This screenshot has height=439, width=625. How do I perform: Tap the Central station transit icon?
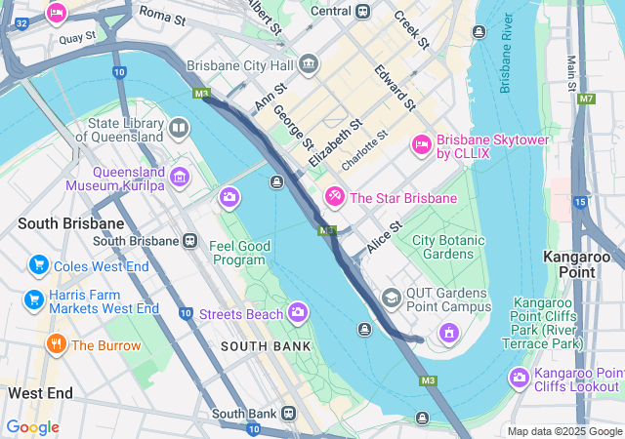[363, 12]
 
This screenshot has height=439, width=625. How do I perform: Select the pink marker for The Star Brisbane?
[335, 197]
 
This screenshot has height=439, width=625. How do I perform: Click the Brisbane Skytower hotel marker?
[422, 144]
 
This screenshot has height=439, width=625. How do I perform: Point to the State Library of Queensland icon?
[179, 128]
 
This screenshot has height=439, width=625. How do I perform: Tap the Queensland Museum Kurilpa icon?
[179, 177]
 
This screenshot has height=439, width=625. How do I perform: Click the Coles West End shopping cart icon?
[39, 265]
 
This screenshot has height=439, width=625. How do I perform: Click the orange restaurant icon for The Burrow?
[56, 344]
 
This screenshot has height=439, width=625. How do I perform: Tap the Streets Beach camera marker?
[298, 312]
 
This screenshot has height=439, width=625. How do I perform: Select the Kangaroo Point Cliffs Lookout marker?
[518, 378]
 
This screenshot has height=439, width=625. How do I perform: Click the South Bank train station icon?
[289, 414]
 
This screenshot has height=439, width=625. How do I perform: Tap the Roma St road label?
[161, 13]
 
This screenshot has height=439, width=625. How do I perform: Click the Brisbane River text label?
[506, 55]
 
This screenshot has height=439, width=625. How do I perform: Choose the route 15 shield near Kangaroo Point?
[579, 202]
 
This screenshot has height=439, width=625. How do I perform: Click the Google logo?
[32, 426]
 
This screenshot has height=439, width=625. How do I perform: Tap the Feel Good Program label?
[239, 253]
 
